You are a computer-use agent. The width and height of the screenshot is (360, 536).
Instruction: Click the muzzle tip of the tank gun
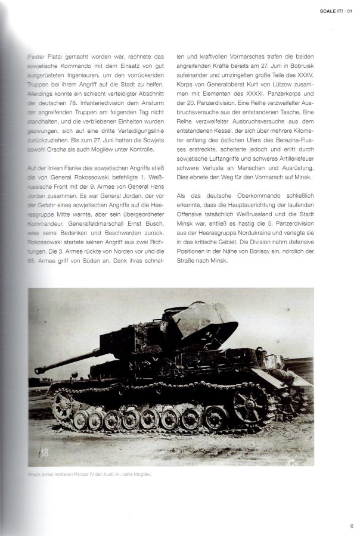(38, 370)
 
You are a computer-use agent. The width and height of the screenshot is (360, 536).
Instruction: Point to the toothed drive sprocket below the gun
(61, 407)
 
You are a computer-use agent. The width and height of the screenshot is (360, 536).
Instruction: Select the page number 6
(352, 525)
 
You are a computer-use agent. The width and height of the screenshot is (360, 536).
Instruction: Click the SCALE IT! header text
(332, 11)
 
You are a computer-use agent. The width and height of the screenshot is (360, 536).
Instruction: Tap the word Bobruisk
(304, 66)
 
